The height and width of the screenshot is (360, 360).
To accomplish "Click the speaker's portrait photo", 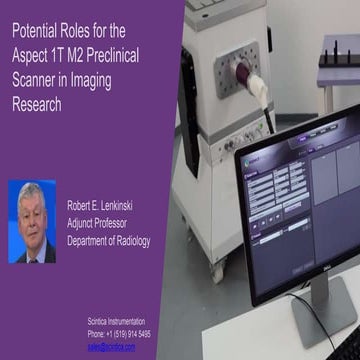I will pos(32,222).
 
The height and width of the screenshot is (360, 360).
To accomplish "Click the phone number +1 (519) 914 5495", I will pos(120,333).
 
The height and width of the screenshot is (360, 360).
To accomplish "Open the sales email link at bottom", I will pos(111,346).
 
